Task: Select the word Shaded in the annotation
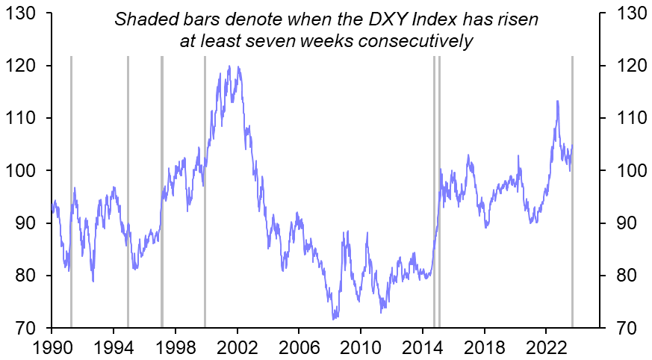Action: (143, 18)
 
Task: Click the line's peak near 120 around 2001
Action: (229, 66)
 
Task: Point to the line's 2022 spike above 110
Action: (557, 101)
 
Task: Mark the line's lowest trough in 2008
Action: (334, 319)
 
